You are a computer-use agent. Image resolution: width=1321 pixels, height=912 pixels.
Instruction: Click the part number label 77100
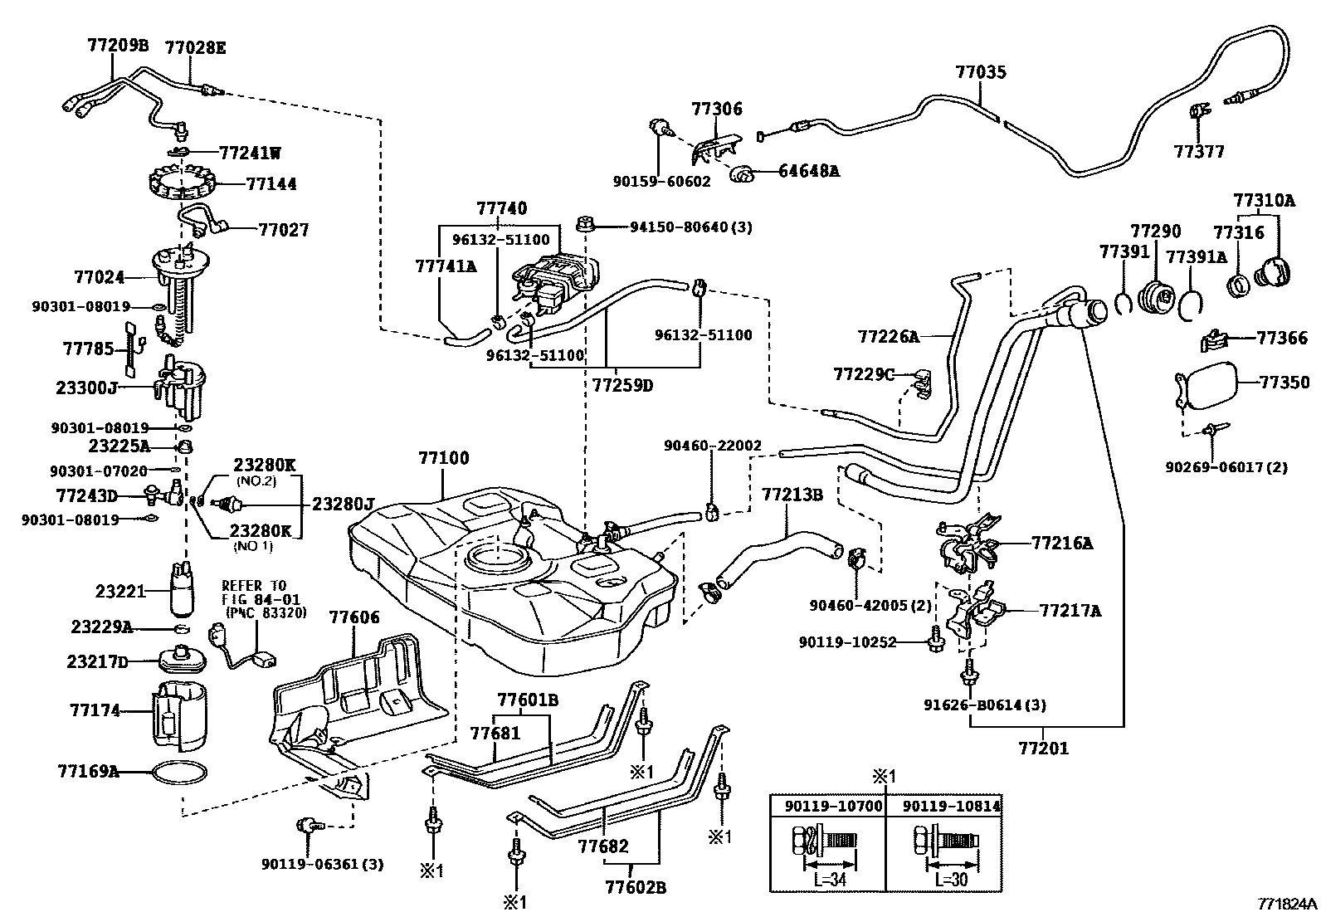[443, 458]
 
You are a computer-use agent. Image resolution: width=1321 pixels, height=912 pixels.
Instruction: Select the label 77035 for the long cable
[980, 72]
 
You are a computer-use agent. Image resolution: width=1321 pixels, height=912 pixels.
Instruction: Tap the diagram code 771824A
[1285, 903]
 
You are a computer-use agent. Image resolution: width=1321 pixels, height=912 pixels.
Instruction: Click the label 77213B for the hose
[792, 495]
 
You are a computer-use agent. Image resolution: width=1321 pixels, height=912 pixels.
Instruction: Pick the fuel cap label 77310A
[1263, 200]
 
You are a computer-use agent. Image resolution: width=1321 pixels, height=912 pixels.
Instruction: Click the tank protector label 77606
[354, 617]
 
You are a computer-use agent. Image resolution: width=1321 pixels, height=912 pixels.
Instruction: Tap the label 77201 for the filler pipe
[1044, 748]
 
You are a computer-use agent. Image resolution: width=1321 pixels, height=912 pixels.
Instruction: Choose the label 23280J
[343, 503]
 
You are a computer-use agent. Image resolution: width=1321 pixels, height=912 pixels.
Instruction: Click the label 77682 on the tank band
[603, 847]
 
